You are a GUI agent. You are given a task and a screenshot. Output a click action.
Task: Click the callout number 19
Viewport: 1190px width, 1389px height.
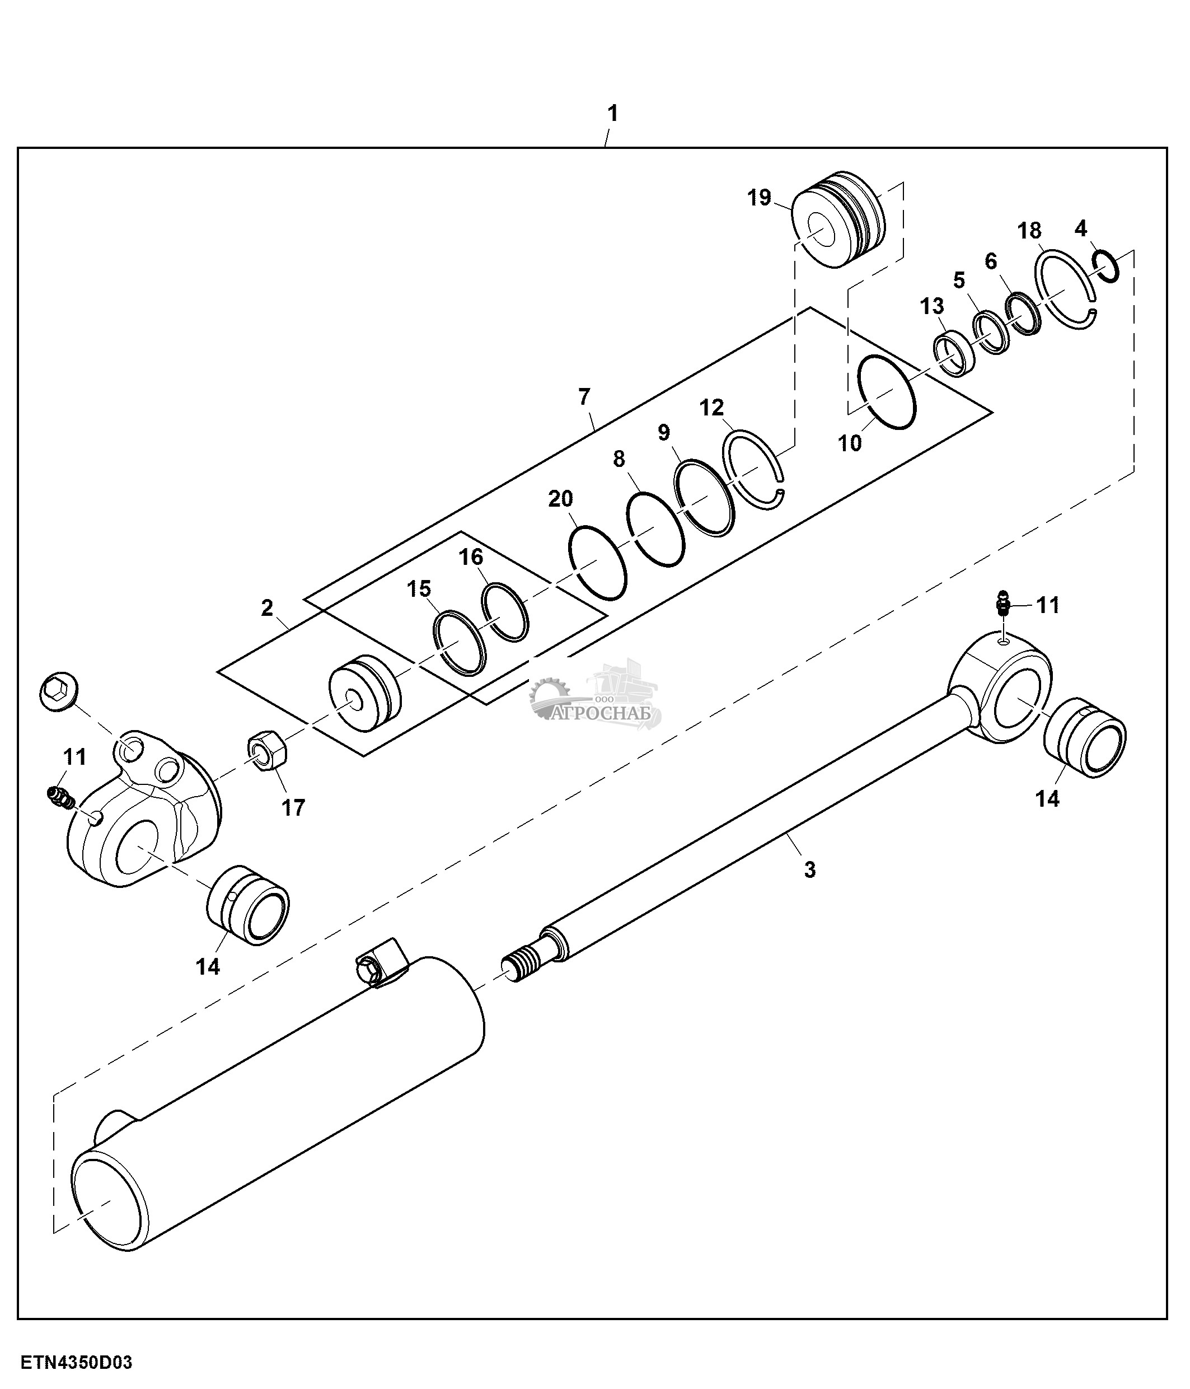[759, 198]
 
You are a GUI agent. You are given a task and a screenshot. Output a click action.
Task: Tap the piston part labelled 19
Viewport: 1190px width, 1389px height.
[837, 220]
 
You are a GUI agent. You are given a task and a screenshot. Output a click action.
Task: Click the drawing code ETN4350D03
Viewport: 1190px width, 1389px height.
[76, 1363]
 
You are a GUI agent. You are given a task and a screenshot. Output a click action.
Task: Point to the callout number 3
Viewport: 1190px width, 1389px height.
[809, 870]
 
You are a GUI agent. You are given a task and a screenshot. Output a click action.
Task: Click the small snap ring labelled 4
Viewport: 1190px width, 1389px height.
[1105, 265]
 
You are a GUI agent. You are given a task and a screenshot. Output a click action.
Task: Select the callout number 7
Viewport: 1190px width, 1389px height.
[584, 397]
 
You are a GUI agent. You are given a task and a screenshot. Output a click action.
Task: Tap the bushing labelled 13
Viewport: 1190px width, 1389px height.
[954, 356]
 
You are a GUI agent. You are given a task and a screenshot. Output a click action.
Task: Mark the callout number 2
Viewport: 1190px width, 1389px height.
[266, 608]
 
